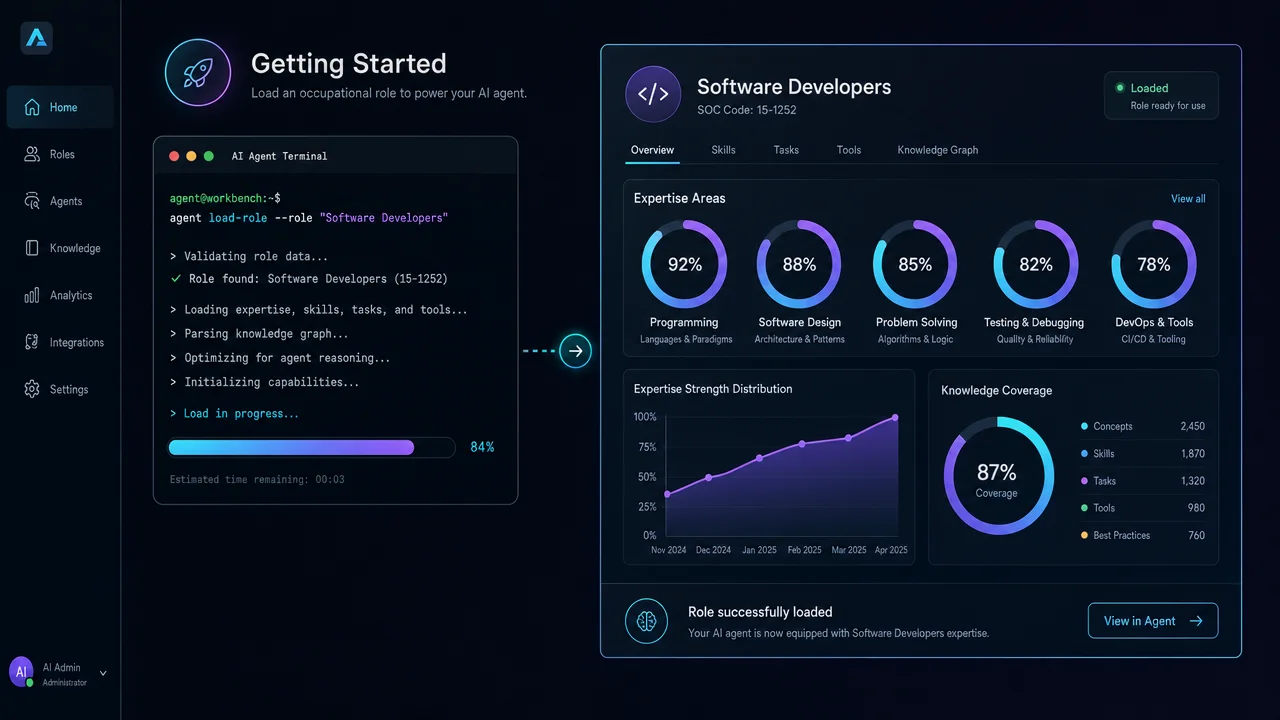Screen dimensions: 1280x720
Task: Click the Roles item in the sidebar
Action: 50,154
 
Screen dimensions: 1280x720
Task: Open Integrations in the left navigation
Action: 64,342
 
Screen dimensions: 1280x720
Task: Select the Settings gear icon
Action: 32,389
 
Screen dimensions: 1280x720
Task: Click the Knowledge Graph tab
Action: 937,150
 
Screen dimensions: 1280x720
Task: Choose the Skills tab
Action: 723,150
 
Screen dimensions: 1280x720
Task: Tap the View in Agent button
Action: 1153,621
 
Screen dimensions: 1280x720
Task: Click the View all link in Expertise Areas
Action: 1188,199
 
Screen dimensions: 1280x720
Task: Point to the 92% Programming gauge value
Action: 685,265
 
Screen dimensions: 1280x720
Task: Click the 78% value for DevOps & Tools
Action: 1153,265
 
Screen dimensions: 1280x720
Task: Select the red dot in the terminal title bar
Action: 174,156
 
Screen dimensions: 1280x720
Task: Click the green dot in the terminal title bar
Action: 209,156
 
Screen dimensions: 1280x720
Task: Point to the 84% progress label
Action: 482,447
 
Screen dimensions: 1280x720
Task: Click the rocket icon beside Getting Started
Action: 198,73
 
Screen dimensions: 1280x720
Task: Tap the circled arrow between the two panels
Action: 575,351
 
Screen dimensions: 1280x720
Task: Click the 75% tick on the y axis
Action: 647,447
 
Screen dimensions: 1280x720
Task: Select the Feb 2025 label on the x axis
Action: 804,550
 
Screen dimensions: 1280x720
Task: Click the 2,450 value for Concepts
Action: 1192,426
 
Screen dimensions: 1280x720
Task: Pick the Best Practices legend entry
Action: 1115,535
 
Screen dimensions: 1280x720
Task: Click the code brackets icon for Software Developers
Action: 653,94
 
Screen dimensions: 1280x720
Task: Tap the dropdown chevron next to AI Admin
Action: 103,673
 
